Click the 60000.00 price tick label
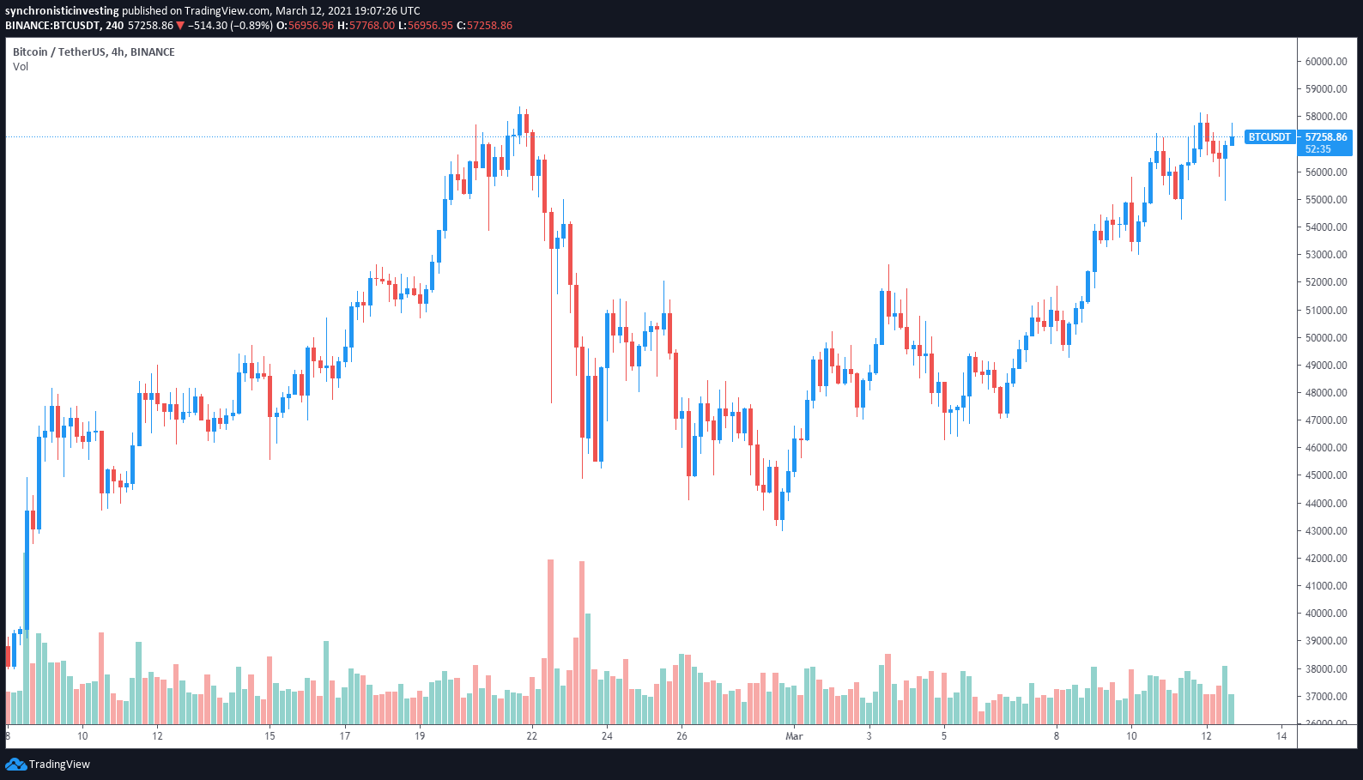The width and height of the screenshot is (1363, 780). point(1326,62)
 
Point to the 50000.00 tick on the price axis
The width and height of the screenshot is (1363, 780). point(1326,338)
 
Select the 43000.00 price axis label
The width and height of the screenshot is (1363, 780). point(1326,531)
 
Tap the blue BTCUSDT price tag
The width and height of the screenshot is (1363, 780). point(1269,137)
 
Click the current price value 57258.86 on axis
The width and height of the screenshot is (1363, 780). point(1326,137)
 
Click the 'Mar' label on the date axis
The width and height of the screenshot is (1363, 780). point(794,736)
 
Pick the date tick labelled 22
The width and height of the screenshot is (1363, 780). point(532,736)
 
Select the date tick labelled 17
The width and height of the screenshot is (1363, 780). point(344,736)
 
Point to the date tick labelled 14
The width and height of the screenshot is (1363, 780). point(1281,736)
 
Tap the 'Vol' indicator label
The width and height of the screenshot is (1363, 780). point(21,67)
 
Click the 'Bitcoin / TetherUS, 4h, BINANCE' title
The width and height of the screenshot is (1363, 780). point(94,52)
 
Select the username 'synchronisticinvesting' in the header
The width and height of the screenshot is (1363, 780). point(62,11)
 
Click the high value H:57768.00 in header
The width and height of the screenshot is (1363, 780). point(366,26)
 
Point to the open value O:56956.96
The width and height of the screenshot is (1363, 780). point(304,26)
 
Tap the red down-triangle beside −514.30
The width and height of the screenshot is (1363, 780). point(180,26)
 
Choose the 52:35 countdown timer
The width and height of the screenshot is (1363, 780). point(1318,149)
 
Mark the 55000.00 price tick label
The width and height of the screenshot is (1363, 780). point(1326,200)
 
